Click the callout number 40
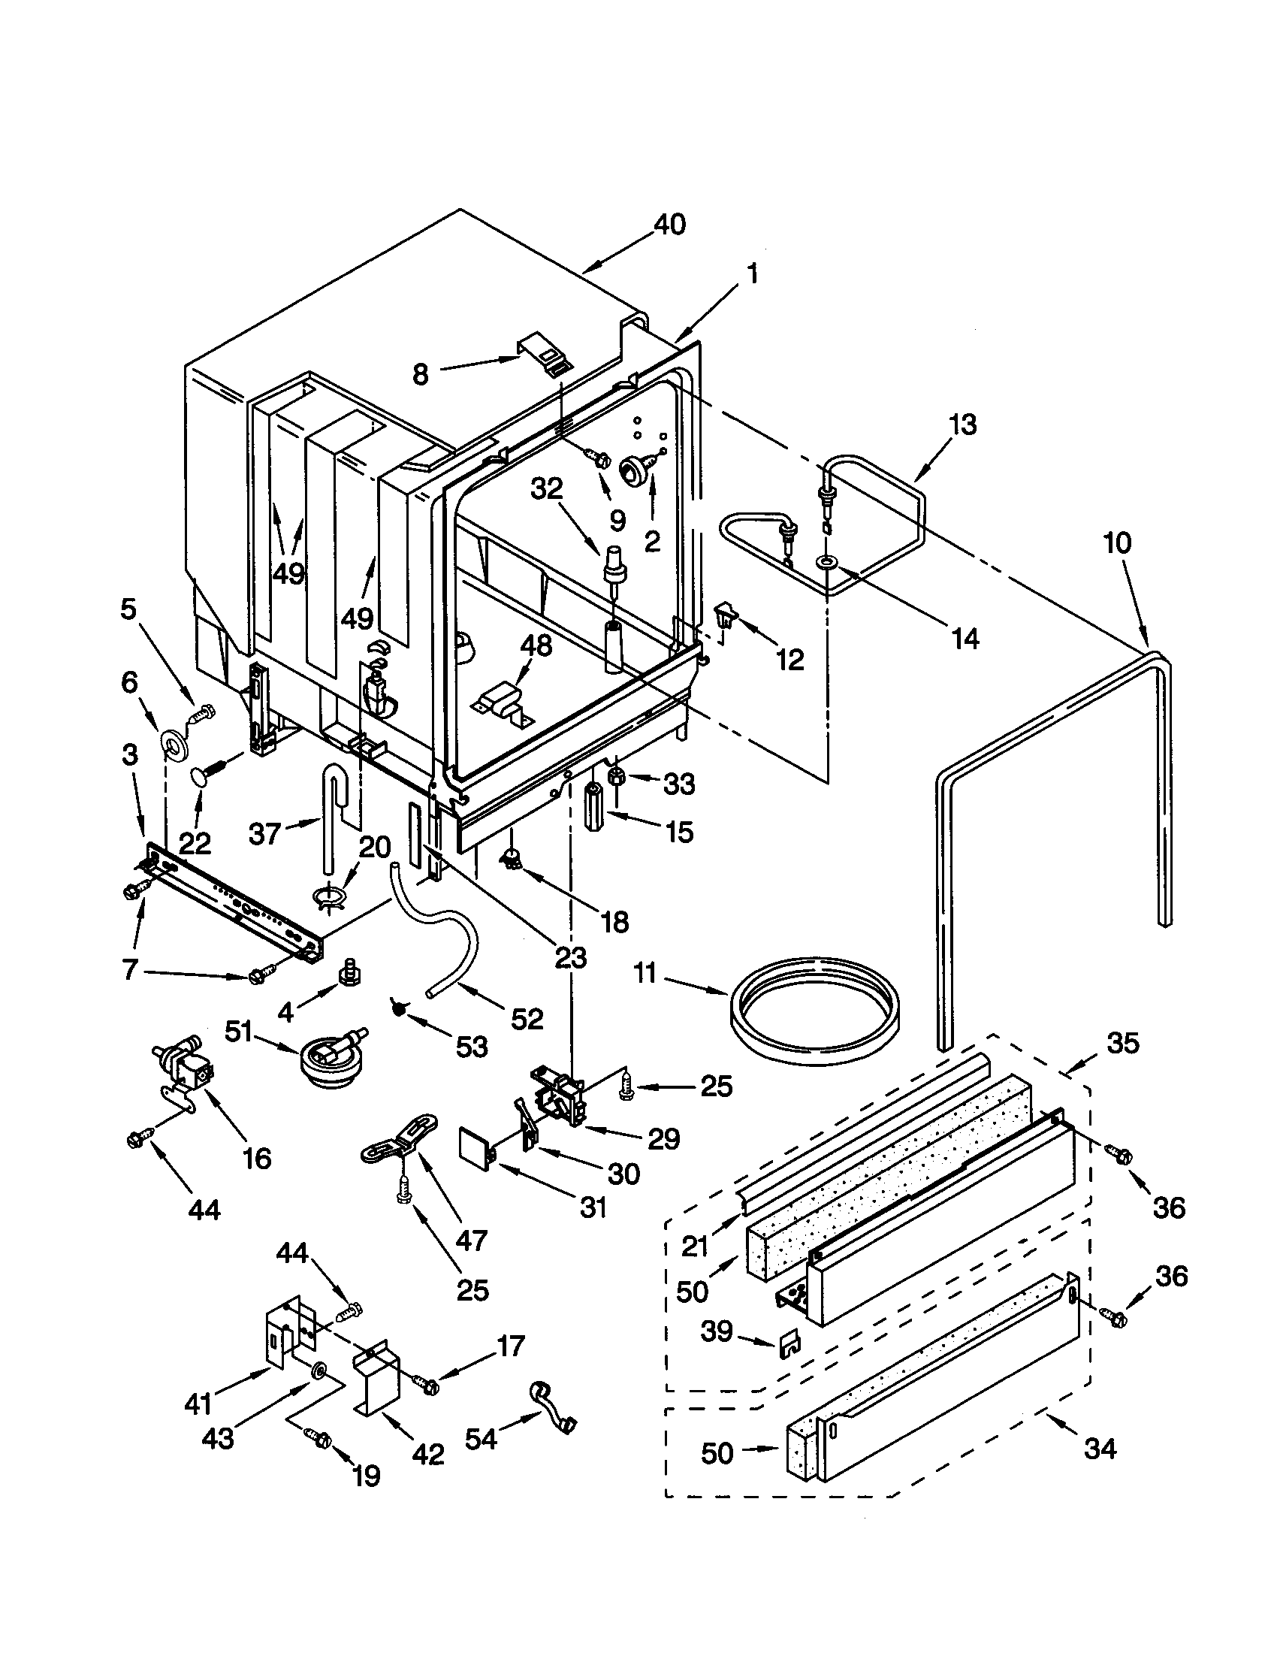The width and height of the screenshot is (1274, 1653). (x=669, y=225)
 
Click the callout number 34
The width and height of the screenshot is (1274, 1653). (x=1099, y=1449)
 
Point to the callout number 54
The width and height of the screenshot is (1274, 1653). (x=482, y=1438)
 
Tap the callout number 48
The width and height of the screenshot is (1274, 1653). (x=536, y=645)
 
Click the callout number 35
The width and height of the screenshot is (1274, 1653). (x=1123, y=1044)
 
